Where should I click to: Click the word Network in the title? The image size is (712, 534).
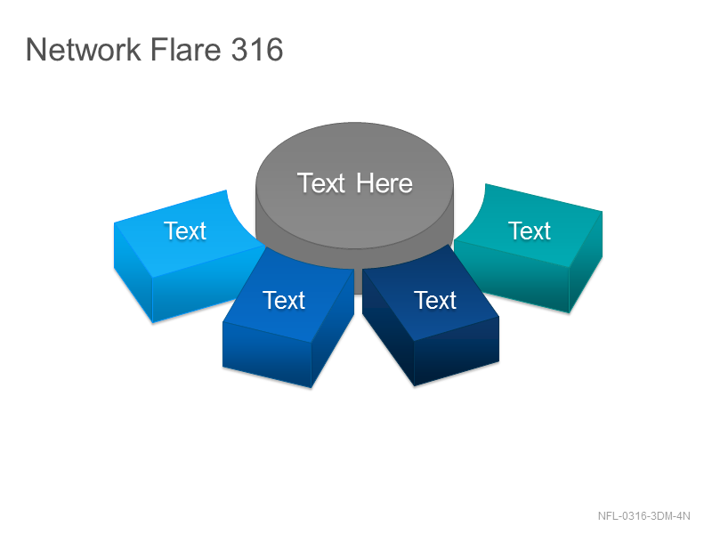(x=84, y=49)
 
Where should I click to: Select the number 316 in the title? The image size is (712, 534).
(x=257, y=49)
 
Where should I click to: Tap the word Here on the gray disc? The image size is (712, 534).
(x=384, y=183)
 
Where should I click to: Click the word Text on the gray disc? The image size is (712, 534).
(x=321, y=183)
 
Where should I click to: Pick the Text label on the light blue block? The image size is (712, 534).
(x=185, y=231)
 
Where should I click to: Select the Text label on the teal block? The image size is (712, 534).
(x=529, y=231)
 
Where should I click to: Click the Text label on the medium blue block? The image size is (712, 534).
(x=284, y=300)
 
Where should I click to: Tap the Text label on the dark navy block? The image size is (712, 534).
(x=435, y=300)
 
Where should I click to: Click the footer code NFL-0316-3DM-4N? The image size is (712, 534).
(x=643, y=516)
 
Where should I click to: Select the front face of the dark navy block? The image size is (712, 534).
(x=457, y=351)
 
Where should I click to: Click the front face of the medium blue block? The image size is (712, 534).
(x=267, y=354)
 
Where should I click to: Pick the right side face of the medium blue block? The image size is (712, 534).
(x=333, y=329)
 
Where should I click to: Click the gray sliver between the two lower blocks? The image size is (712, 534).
(x=358, y=281)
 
